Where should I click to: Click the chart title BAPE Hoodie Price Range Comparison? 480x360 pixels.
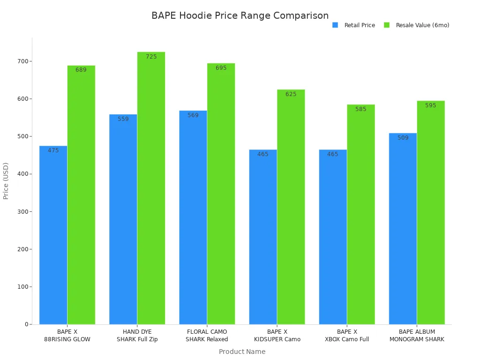pos(240,15)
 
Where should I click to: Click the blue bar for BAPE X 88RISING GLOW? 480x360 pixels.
pos(53,235)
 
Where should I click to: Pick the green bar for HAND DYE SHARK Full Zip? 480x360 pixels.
pos(151,188)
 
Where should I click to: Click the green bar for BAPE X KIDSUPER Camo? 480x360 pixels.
pos(291,207)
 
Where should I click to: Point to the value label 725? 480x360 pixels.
pos(151,57)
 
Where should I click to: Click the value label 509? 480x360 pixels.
pos(403,138)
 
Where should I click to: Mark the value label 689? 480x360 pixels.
pos(81,70)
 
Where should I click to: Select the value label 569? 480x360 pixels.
pos(193,115)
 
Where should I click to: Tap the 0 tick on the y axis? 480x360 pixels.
pos(27,324)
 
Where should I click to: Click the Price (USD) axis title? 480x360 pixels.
pos(6,181)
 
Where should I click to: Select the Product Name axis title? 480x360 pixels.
pos(242,352)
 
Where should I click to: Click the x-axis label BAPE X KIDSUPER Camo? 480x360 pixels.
pos(277,336)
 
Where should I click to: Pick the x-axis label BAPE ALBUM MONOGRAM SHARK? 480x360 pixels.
pos(417,336)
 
